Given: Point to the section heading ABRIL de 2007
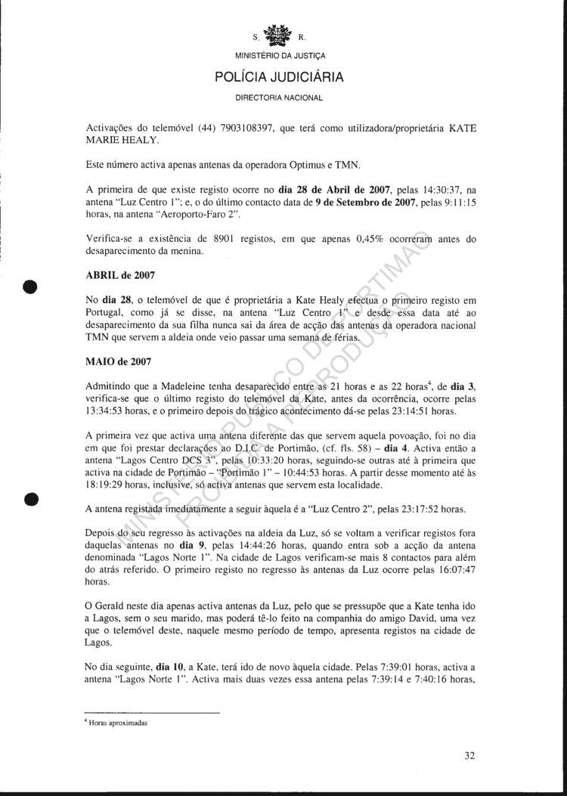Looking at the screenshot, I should click(x=119, y=276).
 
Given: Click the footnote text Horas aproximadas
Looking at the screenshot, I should click(x=120, y=722).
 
